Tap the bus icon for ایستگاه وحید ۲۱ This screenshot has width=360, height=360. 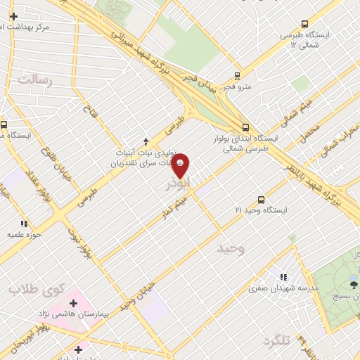261,200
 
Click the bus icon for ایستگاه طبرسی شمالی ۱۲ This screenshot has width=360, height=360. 305,23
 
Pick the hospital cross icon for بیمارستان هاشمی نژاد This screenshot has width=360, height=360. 73,303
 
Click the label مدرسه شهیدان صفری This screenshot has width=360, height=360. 284,288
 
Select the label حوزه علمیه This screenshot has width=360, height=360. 25,234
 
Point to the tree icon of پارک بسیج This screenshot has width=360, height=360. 354,285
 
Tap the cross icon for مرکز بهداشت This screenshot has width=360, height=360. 13,15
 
